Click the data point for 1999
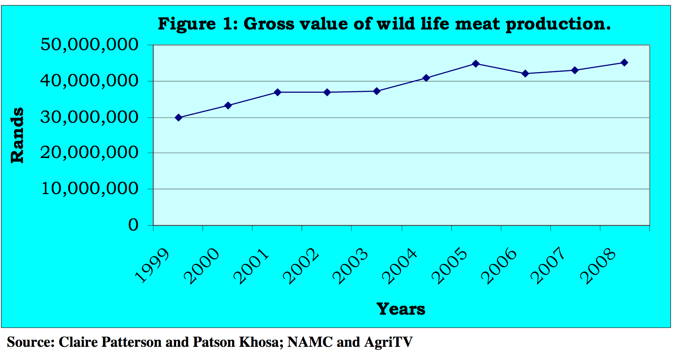pyautogui.click(x=178, y=118)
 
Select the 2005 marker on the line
pyautogui.click(x=476, y=64)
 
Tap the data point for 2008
pyautogui.click(x=624, y=62)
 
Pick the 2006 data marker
pyautogui.click(x=525, y=73)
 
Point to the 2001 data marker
pyautogui.click(x=277, y=92)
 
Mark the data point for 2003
pyautogui.click(x=376, y=91)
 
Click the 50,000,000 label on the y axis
pyautogui.click(x=89, y=45)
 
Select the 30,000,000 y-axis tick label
pyautogui.click(x=89, y=118)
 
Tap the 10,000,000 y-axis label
pyautogui.click(x=89, y=189)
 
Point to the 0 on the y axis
pyautogui.click(x=133, y=225)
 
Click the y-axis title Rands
pyautogui.click(x=17, y=135)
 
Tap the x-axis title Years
pyautogui.click(x=401, y=309)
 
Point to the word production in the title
pyautogui.click(x=558, y=24)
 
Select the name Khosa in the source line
pyautogui.click(x=258, y=342)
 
